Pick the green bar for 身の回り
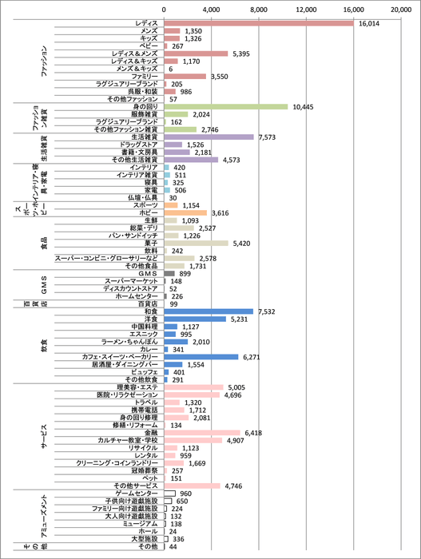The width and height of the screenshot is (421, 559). [226, 106]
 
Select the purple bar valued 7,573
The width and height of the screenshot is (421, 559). [209, 137]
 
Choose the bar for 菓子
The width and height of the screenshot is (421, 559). [196, 243]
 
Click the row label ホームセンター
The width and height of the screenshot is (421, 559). [137, 296]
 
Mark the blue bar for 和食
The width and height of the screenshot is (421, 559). [209, 311]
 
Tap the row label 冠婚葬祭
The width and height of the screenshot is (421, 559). [142, 470]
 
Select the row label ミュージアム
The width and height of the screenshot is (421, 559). [139, 524]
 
